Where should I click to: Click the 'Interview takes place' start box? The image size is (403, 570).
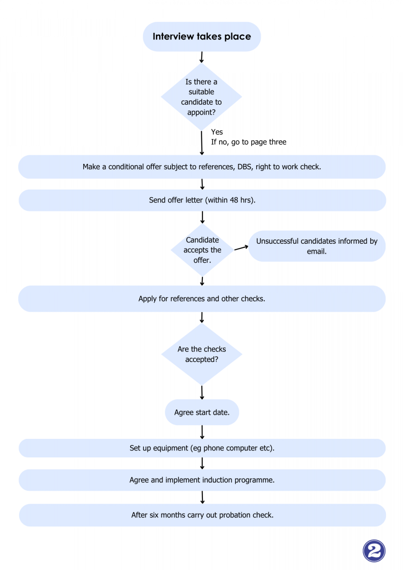[201, 37]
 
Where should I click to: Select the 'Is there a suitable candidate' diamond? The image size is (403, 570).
[201, 97]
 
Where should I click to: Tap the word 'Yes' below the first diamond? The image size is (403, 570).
[217, 132]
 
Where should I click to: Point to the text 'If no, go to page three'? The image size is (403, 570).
[249, 142]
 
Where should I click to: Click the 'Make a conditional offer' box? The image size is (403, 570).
[202, 167]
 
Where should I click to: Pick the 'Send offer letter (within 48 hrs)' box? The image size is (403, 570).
[202, 200]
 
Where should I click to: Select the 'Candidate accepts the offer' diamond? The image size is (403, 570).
[202, 250]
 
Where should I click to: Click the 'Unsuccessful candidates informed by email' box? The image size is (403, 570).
[317, 246]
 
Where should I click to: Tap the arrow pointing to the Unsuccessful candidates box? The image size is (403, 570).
[241, 247]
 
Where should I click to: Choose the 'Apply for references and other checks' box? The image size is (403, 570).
[202, 298]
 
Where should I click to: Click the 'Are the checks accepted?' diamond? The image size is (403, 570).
[201, 354]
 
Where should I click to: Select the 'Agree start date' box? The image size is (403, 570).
[202, 412]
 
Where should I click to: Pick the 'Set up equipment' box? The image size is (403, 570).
[202, 448]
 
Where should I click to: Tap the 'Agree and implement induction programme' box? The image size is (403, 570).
[202, 480]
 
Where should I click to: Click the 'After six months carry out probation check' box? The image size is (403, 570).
[202, 515]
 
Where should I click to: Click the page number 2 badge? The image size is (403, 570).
[374, 551]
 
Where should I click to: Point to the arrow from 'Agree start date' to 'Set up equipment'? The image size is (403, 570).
[202, 432]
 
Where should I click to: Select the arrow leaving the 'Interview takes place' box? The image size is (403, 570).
[201, 57]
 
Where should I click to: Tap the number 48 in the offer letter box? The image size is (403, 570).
[234, 200]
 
